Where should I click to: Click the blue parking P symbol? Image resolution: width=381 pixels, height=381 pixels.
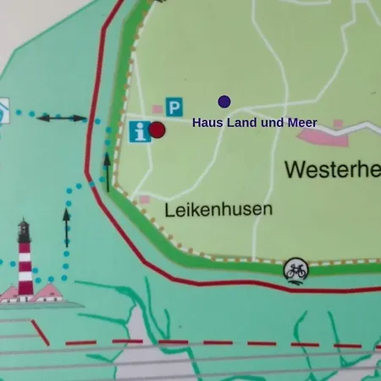tap(174, 107)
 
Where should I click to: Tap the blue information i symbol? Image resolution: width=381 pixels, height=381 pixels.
tap(140, 132)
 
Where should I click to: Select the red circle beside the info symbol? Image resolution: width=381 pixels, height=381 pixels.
tap(157, 130)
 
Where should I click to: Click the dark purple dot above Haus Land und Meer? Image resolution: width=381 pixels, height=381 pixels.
tap(224, 102)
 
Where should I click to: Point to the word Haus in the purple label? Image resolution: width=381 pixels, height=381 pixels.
tap(206, 123)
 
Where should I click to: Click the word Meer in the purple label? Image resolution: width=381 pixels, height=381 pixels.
tap(302, 123)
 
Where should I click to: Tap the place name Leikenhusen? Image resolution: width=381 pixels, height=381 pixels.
tap(219, 208)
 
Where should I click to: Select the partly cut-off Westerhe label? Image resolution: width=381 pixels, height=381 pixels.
tap(332, 169)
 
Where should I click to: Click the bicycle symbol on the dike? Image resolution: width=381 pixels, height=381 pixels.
tap(295, 270)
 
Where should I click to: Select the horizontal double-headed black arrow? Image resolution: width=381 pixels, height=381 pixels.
tap(62, 119)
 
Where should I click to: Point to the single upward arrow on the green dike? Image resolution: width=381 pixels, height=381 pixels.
tap(108, 172)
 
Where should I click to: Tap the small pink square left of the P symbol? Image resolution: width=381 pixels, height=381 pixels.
tap(157, 109)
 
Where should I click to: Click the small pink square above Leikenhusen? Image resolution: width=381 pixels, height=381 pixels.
tap(144, 200)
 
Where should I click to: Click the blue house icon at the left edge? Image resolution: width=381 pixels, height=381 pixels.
tap(3, 109)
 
